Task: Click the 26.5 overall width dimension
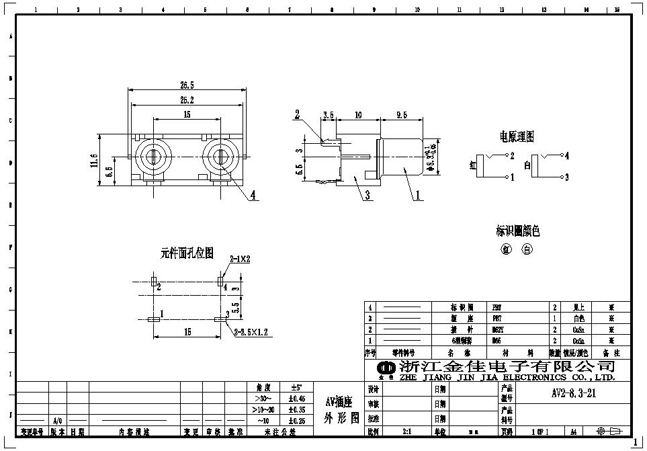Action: [x=187, y=85]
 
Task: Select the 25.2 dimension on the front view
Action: [x=187, y=100]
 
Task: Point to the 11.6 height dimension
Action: [x=93, y=161]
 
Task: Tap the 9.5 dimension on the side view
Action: [x=402, y=116]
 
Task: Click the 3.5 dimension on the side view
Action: [x=329, y=116]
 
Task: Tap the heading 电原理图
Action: [x=517, y=137]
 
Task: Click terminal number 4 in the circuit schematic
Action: [x=567, y=156]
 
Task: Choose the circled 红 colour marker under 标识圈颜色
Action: [x=507, y=249]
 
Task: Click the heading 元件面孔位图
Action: [x=187, y=253]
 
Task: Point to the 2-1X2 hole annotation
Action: [x=240, y=259]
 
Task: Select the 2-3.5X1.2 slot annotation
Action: [x=251, y=332]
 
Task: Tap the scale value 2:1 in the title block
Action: [x=406, y=432]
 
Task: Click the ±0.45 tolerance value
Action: [x=296, y=399]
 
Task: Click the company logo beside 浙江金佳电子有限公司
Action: [x=386, y=368]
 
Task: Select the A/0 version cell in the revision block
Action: [x=58, y=420]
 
